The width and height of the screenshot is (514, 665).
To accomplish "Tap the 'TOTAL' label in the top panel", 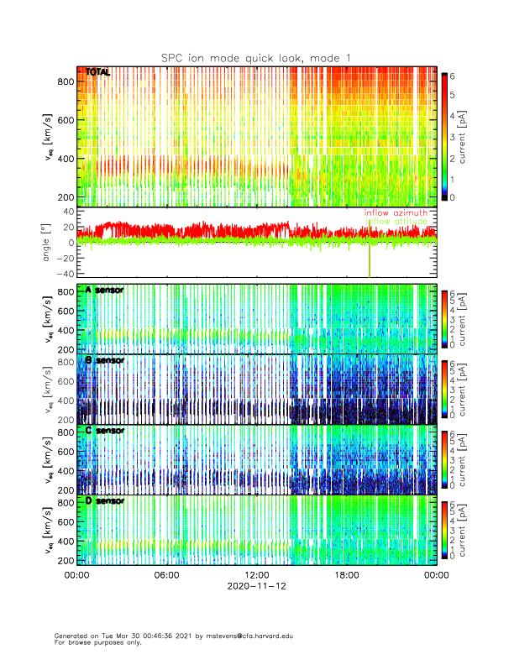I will tap(98, 73).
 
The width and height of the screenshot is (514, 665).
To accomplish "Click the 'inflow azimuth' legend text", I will tap(396, 213).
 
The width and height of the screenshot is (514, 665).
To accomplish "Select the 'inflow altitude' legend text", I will tap(396, 222).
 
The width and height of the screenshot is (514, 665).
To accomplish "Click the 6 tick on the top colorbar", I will tap(454, 75).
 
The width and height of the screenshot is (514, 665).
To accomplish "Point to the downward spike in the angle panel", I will tap(370, 264).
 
